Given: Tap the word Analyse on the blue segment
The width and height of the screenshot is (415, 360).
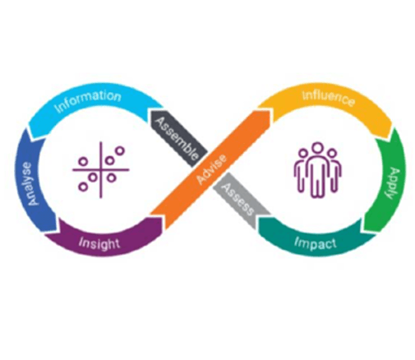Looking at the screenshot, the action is [x=30, y=184].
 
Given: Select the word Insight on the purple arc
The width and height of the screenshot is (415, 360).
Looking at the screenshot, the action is [x=99, y=243].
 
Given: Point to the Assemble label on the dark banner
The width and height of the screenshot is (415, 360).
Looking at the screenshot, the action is [x=176, y=138].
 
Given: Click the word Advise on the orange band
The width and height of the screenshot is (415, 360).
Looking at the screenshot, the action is [x=212, y=168].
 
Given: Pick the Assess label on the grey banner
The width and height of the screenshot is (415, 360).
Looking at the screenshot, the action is [x=237, y=199].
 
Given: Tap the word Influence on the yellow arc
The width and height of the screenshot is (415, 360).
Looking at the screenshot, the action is [x=329, y=98].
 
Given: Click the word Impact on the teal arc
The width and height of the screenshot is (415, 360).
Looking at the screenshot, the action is [x=315, y=243].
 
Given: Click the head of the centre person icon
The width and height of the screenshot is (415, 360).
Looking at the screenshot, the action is [x=317, y=148].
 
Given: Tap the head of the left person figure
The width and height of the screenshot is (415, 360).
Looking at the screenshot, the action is [x=303, y=154].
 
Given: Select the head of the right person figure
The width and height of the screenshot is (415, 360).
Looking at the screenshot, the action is [x=332, y=154].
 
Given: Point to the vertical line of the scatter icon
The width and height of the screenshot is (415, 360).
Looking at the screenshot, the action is [x=101, y=170].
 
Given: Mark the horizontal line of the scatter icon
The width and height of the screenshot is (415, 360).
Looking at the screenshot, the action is [x=101, y=170].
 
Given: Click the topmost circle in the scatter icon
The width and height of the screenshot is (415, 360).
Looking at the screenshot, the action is [x=120, y=150].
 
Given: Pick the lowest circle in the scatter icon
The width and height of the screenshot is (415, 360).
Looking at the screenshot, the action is [x=83, y=187].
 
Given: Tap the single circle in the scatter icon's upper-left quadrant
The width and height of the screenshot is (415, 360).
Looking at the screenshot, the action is [x=83, y=162].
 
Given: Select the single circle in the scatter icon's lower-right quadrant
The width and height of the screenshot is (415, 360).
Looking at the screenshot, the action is [x=111, y=178].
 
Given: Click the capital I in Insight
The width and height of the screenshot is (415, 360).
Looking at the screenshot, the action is [x=81, y=242].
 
